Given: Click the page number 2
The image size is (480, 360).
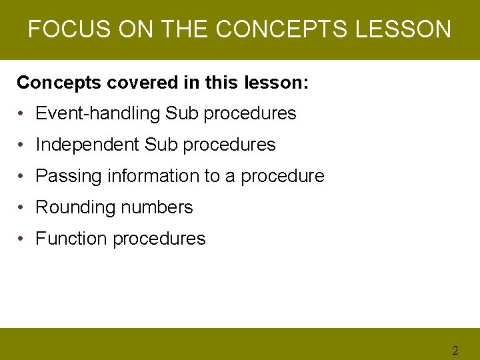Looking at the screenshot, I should click(455, 351).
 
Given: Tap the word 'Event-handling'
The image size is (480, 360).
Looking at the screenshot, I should click(98, 114).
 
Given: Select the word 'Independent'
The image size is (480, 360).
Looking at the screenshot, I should click(87, 145).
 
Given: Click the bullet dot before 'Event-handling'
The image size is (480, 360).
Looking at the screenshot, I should click(23, 114).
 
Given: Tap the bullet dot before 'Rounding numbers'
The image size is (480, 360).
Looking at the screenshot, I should click(23, 207).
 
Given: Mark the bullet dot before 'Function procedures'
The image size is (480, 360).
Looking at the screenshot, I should click(23, 239).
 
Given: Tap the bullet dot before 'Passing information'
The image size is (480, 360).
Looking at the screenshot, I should click(23, 176).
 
